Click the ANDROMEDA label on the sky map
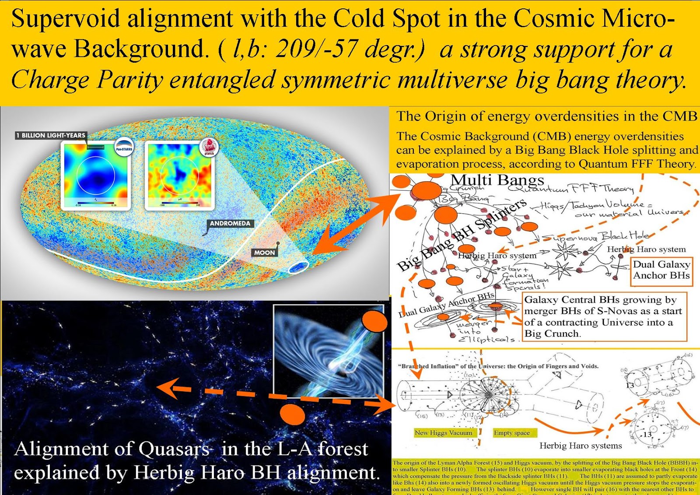pos(230,223)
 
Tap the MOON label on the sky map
pos(264,253)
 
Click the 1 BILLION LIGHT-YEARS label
pos(51,135)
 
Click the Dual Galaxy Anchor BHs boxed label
pos(661,270)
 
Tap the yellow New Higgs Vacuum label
pos(443,433)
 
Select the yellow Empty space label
pos(511,433)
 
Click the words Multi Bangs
pos(497,180)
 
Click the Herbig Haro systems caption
pos(580,446)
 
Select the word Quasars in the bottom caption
pos(173,449)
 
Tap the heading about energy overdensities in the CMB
pos(546,116)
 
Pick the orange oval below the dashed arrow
pos(292,414)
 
